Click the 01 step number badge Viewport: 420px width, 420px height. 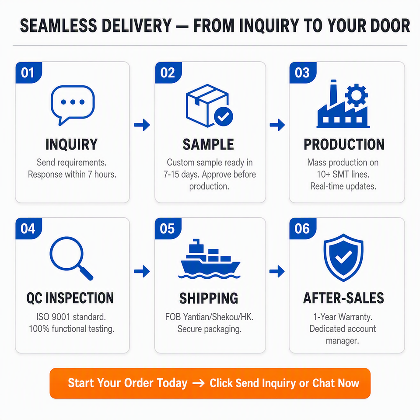click(29, 73)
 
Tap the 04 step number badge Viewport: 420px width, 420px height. click(29, 228)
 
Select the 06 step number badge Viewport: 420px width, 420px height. click(303, 228)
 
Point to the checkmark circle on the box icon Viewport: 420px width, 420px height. click(224, 116)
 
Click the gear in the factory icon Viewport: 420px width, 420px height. click(356, 95)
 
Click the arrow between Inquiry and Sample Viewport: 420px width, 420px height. click(142, 125)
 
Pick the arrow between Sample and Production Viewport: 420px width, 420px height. click(277, 125)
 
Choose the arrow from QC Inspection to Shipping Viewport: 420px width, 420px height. click(142, 271)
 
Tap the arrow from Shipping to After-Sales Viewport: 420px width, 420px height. click(277, 271)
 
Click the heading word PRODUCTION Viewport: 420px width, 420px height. click(344, 144)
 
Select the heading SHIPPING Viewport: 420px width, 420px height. click(209, 298)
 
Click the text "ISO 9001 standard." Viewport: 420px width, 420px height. click(71, 317)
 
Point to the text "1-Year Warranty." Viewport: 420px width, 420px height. click(343, 317)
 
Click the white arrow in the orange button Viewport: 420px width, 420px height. click(199, 383)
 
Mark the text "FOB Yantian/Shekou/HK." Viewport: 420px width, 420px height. click(209, 317)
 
